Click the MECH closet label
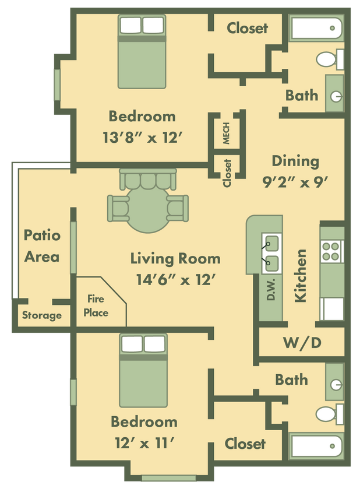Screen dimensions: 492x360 (x=226, y=133)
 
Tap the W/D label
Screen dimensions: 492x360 (x=302, y=342)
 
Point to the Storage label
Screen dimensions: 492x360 (x=42, y=315)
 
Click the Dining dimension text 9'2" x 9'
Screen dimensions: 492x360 (x=295, y=181)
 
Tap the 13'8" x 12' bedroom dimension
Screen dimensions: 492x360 (x=142, y=138)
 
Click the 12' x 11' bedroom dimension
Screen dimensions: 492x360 (x=144, y=443)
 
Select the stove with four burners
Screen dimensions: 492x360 (x=331, y=251)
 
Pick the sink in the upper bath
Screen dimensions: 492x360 (x=334, y=93)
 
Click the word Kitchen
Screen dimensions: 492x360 (x=301, y=276)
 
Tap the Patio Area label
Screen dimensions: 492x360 (x=42, y=245)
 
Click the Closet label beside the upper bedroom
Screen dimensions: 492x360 (x=247, y=27)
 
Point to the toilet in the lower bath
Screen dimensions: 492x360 (x=328, y=414)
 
